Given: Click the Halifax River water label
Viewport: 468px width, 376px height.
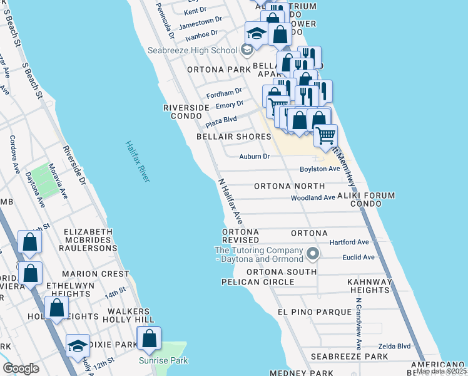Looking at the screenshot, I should tap(136, 162).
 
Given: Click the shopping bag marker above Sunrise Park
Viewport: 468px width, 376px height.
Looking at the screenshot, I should tap(149, 338).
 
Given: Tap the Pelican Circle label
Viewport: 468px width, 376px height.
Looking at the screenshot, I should tap(258, 282).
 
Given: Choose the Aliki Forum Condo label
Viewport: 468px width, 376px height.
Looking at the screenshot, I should tap(367, 200).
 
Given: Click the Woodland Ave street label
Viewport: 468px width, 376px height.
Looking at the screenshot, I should tap(313, 197).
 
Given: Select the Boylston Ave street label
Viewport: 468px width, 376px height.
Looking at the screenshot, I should tap(319, 169).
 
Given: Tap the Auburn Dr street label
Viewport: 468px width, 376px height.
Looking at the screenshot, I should tap(255, 156).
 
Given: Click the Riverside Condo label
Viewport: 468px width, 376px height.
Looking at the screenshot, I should tap(186, 112).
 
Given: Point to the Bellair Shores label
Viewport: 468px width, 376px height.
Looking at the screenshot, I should tap(230, 136).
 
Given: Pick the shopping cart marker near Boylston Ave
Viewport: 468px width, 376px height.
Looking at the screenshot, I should tap(325, 135).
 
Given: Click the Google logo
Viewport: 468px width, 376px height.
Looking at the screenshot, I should tap(21, 368).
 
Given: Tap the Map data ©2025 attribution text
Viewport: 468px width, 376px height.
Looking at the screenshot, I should tap(441, 371).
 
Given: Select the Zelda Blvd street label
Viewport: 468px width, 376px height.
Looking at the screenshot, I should tap(394, 346).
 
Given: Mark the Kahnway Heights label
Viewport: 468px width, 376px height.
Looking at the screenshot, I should tap(370, 286).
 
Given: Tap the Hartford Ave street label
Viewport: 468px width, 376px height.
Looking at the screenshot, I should tap(352, 242).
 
